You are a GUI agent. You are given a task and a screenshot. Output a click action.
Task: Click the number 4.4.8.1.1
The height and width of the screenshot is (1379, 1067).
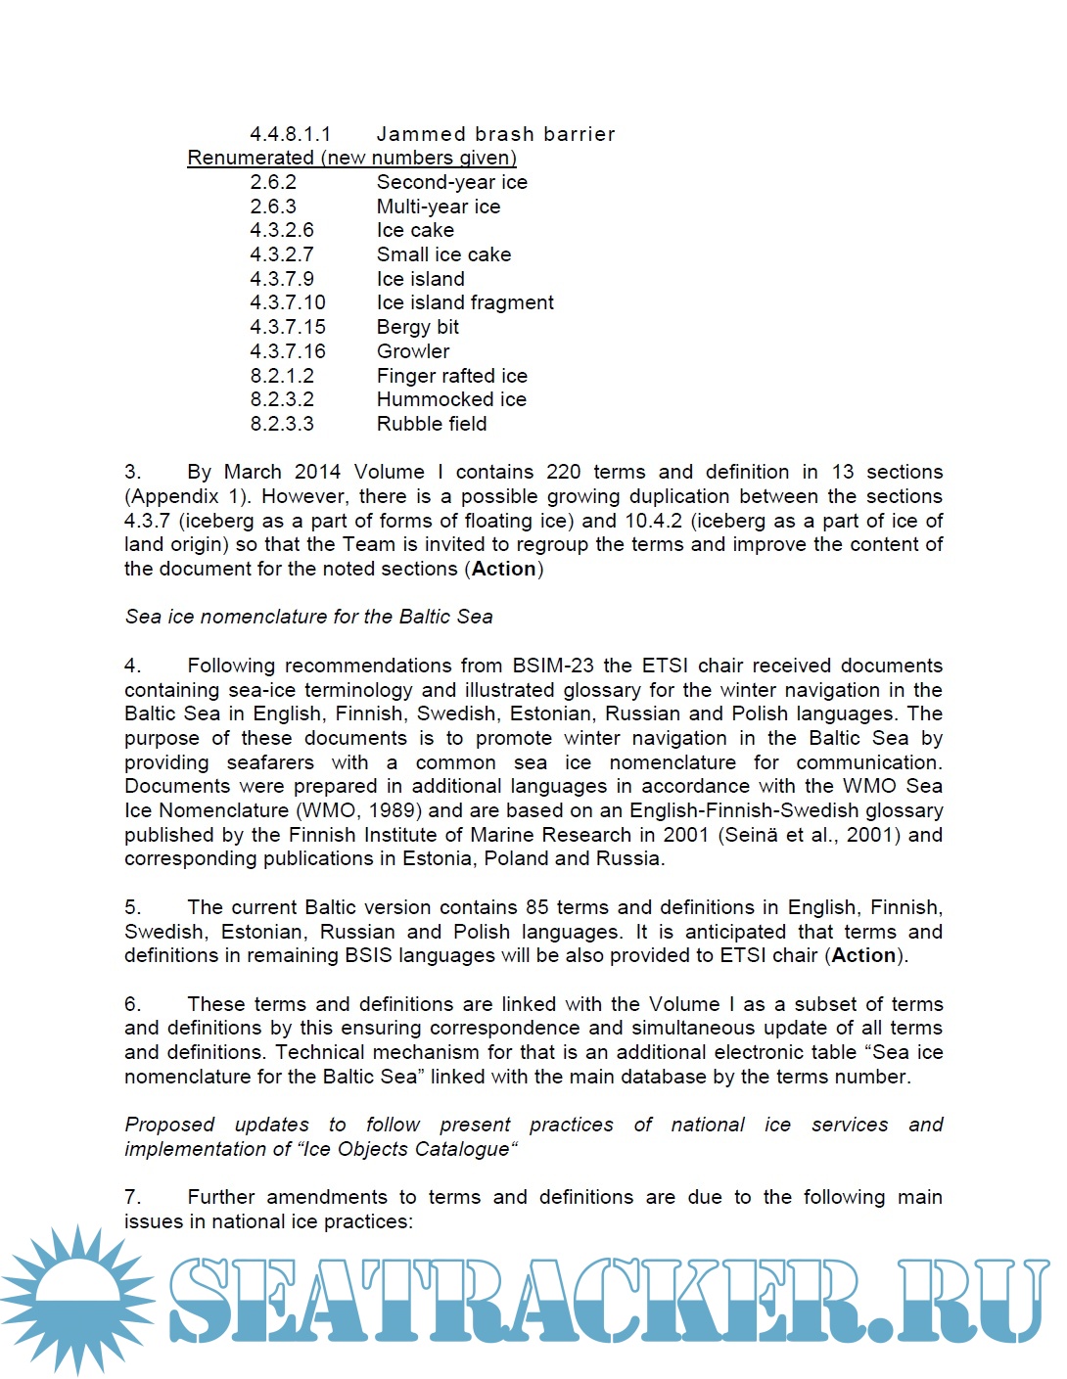(290, 134)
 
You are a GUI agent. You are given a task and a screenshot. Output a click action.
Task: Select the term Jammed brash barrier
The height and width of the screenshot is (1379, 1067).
(495, 134)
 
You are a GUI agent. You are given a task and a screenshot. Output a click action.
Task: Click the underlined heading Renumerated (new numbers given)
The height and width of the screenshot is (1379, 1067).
(351, 158)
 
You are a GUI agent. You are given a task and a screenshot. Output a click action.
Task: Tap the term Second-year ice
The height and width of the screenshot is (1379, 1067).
(451, 182)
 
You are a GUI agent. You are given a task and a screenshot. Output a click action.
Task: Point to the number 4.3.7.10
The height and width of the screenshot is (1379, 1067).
(288, 302)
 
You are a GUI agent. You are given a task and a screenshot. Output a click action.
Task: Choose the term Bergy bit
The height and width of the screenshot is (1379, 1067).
(417, 327)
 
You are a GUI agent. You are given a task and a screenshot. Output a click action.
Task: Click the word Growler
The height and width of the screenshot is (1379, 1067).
(413, 351)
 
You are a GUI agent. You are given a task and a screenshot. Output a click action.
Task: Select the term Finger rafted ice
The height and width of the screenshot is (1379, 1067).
(451, 376)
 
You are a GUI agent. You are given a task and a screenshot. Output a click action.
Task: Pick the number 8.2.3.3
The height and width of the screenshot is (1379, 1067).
(282, 424)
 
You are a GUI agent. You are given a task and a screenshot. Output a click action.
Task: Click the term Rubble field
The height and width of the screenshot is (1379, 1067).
(432, 424)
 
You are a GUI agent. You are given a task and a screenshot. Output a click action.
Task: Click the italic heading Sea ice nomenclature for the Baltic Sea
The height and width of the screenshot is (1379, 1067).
(308, 617)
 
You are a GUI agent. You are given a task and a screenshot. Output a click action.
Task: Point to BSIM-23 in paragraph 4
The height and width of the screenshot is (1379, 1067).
(553, 666)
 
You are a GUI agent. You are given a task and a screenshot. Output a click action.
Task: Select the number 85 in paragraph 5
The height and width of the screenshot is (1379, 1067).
(536, 907)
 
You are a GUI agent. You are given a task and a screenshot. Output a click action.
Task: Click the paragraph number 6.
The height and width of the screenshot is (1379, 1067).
(133, 1004)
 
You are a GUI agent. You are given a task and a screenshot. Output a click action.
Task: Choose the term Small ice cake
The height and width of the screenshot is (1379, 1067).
(443, 254)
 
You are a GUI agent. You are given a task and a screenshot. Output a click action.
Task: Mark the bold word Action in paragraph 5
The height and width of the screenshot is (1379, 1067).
(863, 955)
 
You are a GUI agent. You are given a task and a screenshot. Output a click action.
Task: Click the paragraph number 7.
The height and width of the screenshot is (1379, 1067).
(133, 1197)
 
